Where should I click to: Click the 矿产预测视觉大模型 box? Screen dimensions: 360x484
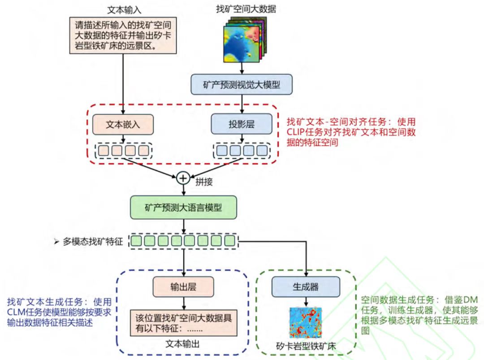pos(242,84)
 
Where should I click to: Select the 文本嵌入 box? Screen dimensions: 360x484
pos(122,124)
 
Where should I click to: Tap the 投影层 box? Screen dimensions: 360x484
pos(242,124)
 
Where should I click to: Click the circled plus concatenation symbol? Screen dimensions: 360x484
pos(182,178)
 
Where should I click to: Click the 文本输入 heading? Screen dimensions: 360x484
pos(122,10)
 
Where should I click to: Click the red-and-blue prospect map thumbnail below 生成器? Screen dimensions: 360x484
pos(306,324)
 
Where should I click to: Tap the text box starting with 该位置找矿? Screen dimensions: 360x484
pos(182,322)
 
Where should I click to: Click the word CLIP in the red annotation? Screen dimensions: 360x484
pos(297,133)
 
